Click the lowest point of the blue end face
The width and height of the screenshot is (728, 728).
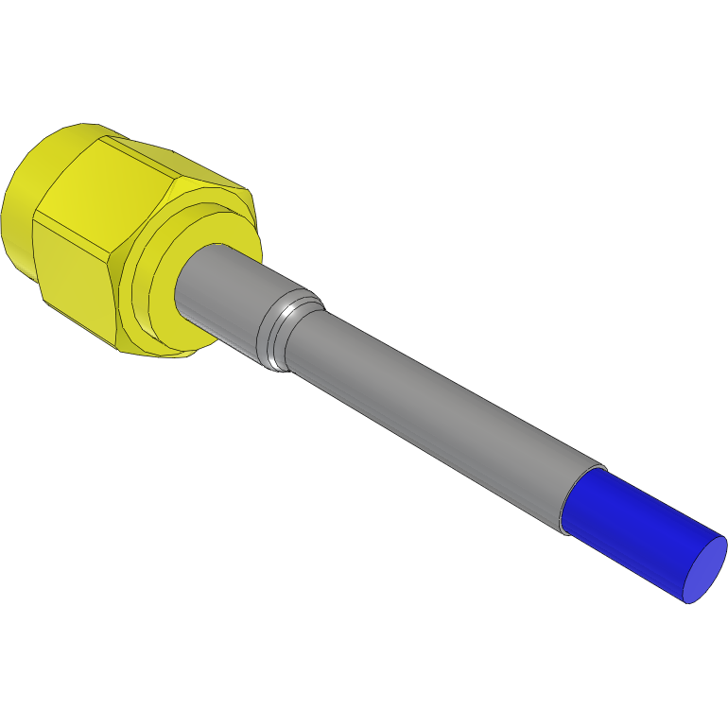(687, 602)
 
